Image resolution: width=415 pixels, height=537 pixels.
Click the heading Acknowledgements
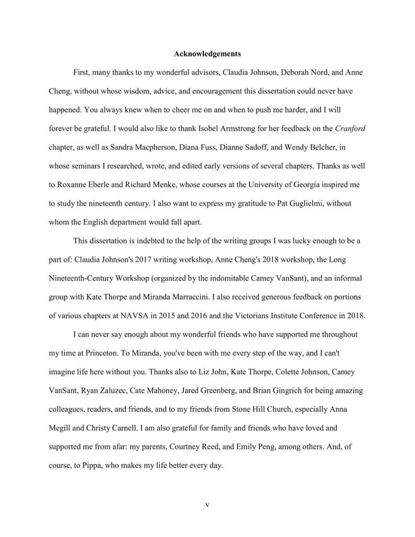pyautogui.click(x=207, y=53)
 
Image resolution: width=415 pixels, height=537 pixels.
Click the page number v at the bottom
pyautogui.click(x=207, y=505)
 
